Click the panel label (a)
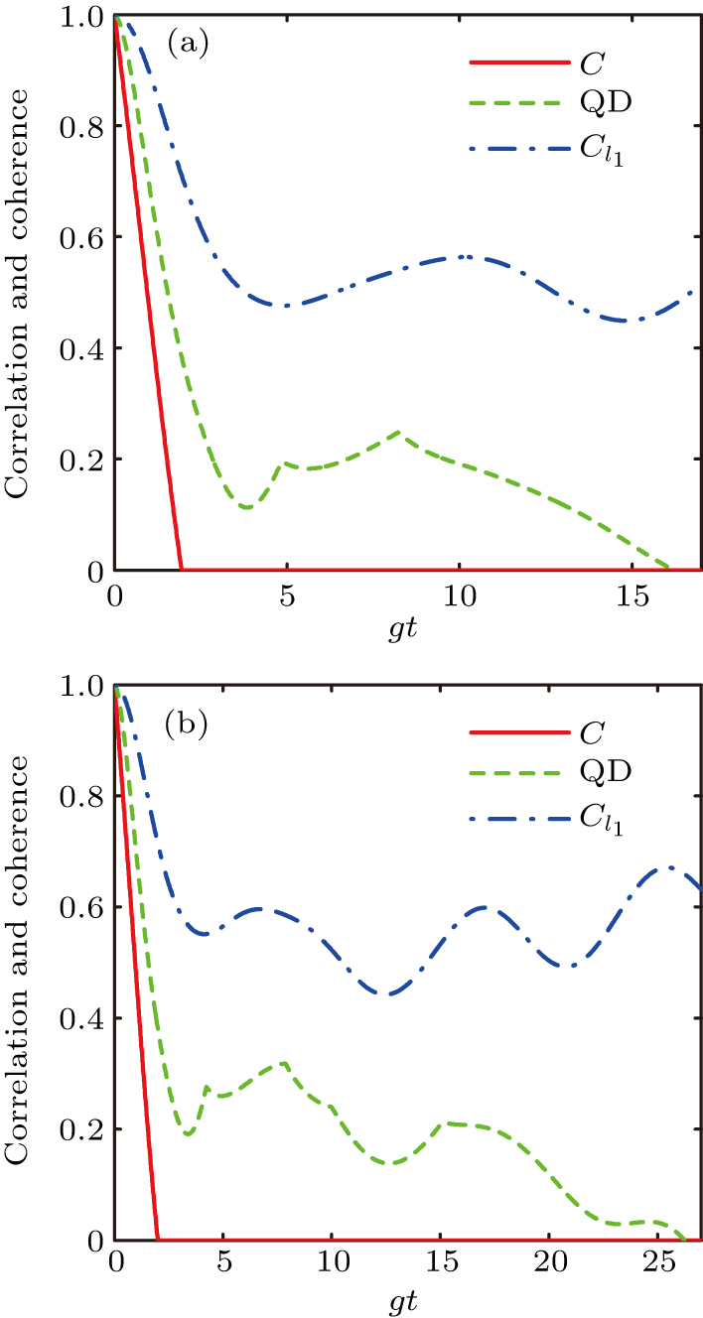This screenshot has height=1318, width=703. (x=187, y=45)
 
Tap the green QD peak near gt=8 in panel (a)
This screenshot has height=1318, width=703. (x=398, y=432)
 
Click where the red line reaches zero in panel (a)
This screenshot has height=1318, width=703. (x=181, y=569)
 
